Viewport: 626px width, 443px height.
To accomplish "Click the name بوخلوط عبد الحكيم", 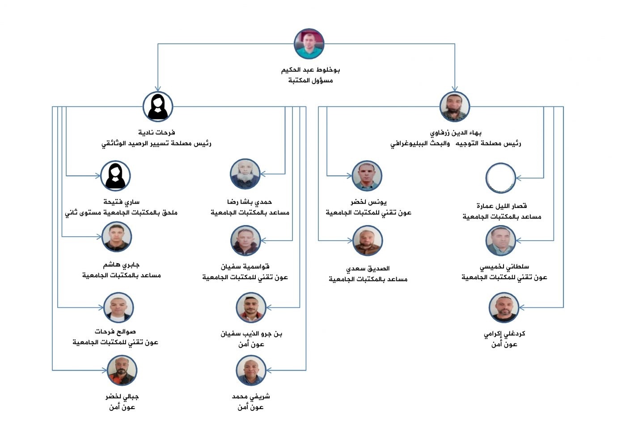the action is pos(310,70).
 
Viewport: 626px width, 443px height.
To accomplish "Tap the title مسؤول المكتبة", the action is pos(310,81).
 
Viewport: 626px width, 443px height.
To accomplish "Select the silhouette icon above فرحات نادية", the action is pos(158,106).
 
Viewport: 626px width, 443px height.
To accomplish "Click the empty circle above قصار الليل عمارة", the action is pos(500,178).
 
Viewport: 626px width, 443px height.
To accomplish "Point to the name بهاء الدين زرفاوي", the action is pos(456,133).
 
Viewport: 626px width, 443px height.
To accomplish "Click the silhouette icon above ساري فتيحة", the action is pos(115,175).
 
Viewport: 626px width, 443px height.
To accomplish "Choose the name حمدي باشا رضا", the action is pos(250,202).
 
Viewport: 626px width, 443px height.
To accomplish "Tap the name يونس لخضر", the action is pos(368,202).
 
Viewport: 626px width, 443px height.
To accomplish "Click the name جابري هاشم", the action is pos(121,264).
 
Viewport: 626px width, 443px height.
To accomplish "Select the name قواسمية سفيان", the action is pos(245,267).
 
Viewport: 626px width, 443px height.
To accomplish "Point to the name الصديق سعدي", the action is pos(368,268).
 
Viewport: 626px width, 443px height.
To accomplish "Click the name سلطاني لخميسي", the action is pos(504,267).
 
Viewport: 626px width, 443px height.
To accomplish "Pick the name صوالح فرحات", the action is pos(115,332).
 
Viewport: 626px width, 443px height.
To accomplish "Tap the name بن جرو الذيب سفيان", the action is pos(251,334).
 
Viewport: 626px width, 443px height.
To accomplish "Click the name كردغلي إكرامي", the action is pos(504,334).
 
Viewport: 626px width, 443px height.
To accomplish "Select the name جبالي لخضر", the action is pos(122,396).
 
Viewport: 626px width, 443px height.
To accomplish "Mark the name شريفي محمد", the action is pos(251,396).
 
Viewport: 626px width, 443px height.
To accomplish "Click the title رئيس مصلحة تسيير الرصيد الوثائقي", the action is pos(156,144).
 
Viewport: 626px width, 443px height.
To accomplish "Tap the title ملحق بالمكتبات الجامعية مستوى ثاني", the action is pos(121,213).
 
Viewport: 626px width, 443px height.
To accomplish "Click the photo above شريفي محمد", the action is pos(251,371).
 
